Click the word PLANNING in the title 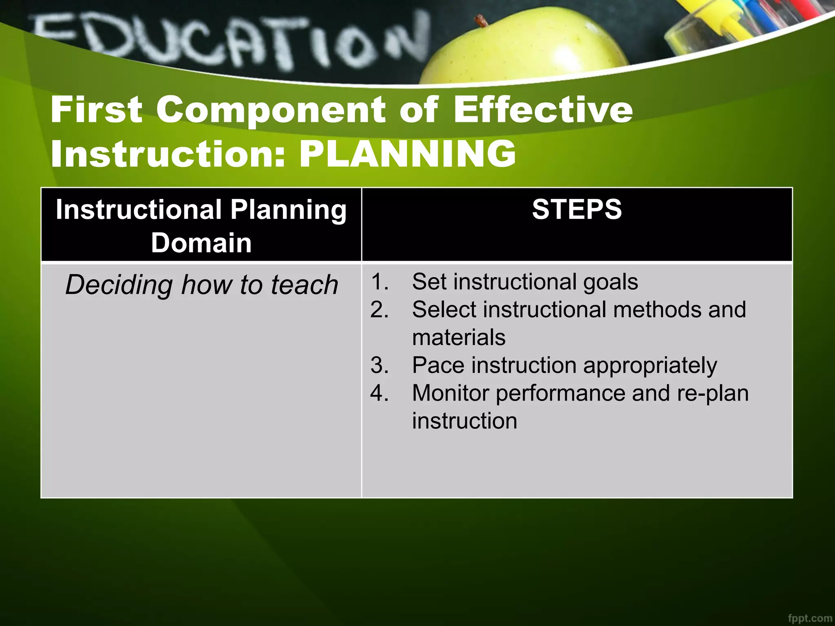pyautogui.click(x=407, y=154)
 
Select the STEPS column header pyautogui.click(x=577, y=209)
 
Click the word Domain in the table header pyautogui.click(x=201, y=243)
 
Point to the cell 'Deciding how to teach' pyautogui.click(x=202, y=284)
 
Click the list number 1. pyautogui.click(x=379, y=282)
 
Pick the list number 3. pyautogui.click(x=379, y=365)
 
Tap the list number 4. pyautogui.click(x=379, y=393)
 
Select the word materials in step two pyautogui.click(x=459, y=338)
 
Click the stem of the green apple pyautogui.click(x=482, y=20)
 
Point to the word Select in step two pyautogui.click(x=444, y=310)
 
